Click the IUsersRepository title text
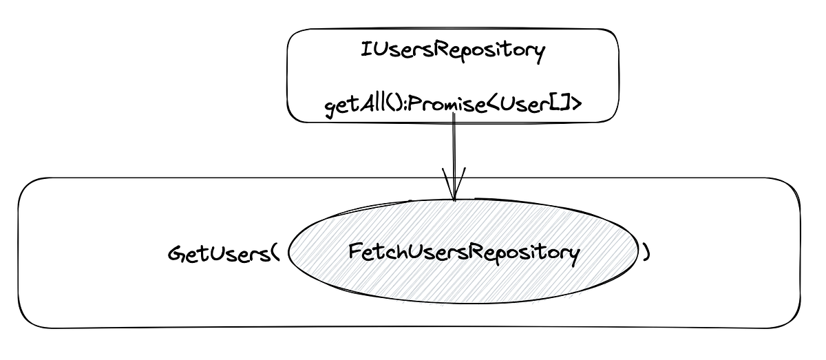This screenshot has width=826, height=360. [453, 52]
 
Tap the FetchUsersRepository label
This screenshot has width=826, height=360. [463, 253]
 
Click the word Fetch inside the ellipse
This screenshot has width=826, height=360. [373, 253]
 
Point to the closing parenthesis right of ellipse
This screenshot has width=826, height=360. [646, 253]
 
